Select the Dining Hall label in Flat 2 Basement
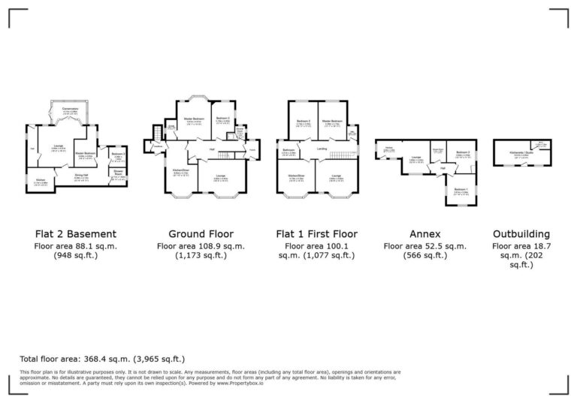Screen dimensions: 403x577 (x=82, y=176)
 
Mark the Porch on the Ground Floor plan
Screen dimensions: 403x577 (x=252, y=148)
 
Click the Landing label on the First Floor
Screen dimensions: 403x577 (x=322, y=149)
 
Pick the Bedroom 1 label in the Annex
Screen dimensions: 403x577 (x=460, y=190)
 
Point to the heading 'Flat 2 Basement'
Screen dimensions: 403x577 (x=75, y=233)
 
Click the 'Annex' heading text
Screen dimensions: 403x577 (x=424, y=233)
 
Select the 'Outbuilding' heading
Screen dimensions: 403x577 (x=521, y=233)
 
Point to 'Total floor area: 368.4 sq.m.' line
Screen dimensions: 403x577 (x=102, y=359)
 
